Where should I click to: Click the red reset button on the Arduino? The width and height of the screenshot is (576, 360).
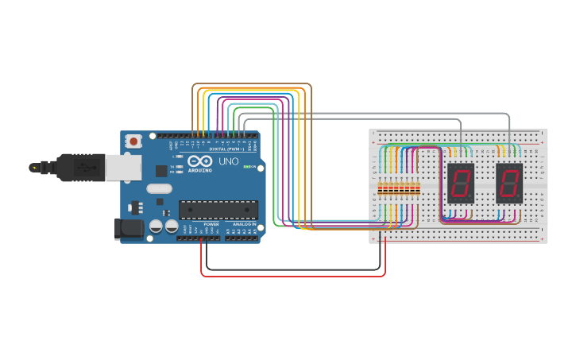coord(134,141)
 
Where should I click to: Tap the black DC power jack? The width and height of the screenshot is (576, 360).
coord(129,229)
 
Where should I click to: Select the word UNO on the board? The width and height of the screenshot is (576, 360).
coord(229,161)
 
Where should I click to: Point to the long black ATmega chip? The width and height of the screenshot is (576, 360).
coord(218,210)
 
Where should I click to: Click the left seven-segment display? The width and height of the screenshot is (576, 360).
coord(461,184)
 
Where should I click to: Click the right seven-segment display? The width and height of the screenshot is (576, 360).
coord(509,184)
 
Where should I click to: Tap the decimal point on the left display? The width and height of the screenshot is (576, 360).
coord(470,198)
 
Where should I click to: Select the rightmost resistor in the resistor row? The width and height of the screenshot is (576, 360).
coord(418,189)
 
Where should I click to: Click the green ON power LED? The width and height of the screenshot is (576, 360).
coord(247,167)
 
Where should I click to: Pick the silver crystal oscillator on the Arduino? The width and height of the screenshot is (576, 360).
coord(159,189)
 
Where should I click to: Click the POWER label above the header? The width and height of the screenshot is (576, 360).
coord(211,225)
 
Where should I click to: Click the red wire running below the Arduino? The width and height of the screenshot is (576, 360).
coord(294,276)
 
